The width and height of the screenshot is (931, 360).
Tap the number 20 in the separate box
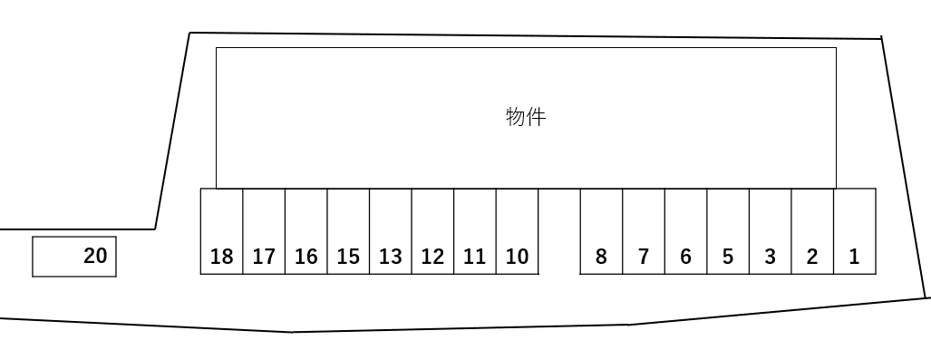point(95,256)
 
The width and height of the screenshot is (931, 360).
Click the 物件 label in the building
point(526,117)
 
